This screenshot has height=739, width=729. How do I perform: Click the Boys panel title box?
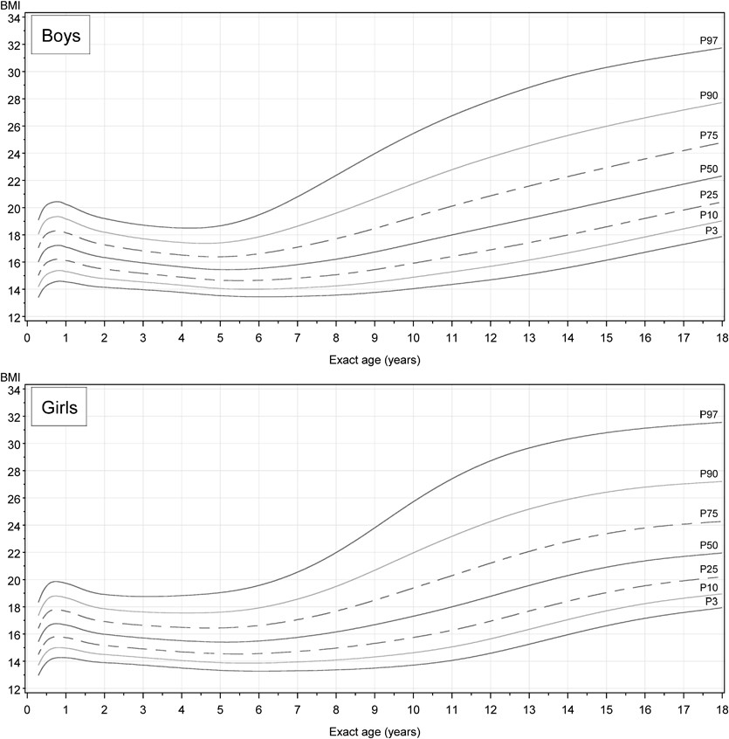[x=60, y=38]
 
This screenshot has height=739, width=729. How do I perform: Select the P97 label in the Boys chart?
[x=708, y=40]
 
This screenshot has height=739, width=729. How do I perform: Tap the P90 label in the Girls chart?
[x=708, y=473]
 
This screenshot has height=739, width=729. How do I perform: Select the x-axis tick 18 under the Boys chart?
[x=720, y=336]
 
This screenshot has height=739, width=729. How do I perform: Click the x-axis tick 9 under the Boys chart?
[x=374, y=336]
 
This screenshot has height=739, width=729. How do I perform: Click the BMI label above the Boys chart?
[x=11, y=5]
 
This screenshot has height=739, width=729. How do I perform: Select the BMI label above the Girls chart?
[x=11, y=377]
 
